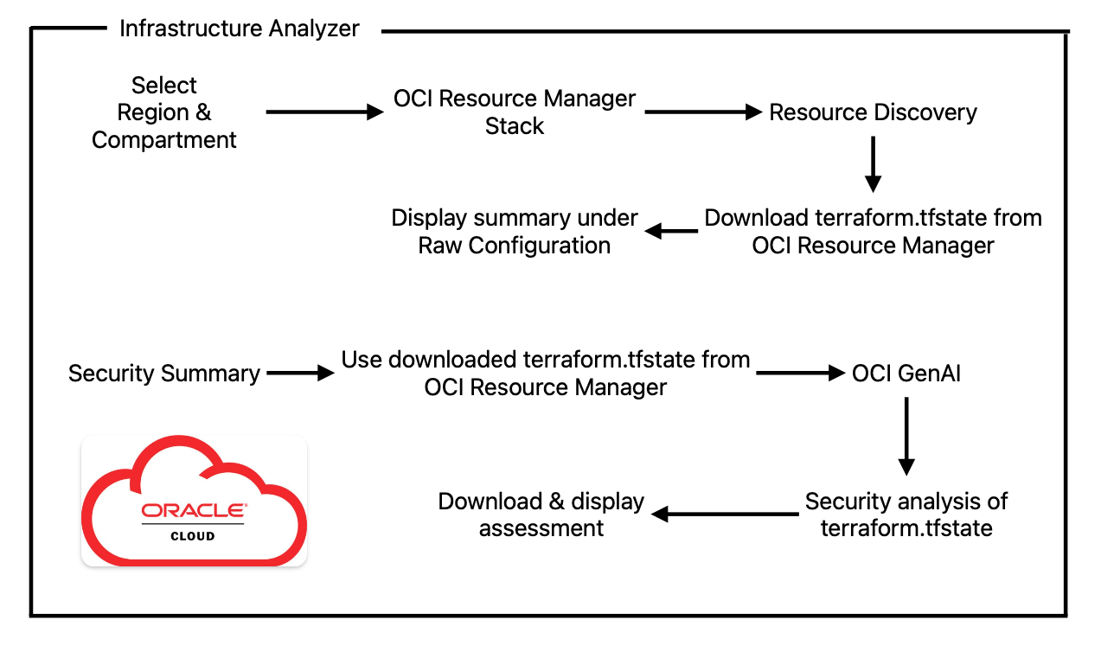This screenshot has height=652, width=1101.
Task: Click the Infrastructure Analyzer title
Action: (x=239, y=29)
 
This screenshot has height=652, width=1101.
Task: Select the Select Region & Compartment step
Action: (x=164, y=112)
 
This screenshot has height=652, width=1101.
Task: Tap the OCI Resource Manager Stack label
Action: (x=515, y=112)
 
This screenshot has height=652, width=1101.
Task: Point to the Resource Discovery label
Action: (x=873, y=112)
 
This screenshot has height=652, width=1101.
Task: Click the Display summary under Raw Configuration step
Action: (x=515, y=231)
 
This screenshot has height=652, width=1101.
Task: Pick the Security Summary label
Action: (x=164, y=374)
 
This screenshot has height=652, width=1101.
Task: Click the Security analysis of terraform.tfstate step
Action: (x=906, y=515)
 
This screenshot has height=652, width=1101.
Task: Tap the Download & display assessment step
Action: (x=541, y=515)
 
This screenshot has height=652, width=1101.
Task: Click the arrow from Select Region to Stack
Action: (x=324, y=112)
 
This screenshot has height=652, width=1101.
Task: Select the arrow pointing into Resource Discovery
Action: (x=701, y=112)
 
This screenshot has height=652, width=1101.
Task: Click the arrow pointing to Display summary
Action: (x=672, y=231)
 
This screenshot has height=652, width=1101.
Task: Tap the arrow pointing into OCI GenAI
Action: (x=800, y=374)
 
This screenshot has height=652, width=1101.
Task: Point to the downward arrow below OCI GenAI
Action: (x=906, y=437)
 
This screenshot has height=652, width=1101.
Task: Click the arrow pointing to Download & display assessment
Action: (x=725, y=515)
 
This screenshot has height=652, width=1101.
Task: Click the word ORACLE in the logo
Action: (x=194, y=511)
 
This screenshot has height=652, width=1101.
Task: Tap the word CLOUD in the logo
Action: (x=193, y=535)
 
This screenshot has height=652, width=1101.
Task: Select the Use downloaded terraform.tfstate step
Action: (x=546, y=374)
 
